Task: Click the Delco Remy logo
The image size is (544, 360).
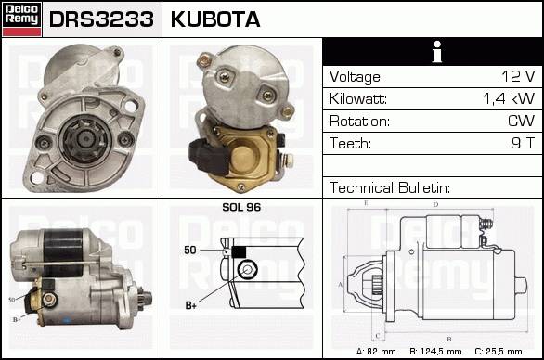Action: pos(21,19)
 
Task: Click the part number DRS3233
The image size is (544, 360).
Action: pos(101,19)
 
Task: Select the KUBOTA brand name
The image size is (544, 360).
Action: pos(215,19)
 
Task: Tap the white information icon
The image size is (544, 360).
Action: pos(437,52)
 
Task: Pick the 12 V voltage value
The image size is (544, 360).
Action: pos(518,76)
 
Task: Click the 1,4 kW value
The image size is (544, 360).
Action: pos(509,99)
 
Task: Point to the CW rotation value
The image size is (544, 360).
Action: pos(522,121)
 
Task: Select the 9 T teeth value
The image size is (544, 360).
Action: pos(523,143)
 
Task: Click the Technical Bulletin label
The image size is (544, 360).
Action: pos(390,187)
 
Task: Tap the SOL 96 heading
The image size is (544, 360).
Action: pos(241,207)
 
